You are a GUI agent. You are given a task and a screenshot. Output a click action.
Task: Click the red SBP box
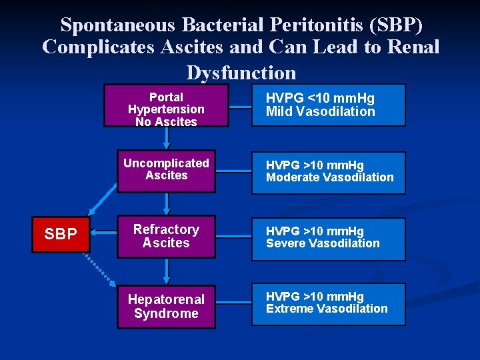pos(61,234)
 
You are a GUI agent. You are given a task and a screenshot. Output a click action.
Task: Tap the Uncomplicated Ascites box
pos(166,171)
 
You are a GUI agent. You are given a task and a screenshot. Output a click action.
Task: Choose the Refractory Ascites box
pos(166,237)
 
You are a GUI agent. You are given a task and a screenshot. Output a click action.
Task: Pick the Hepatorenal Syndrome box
pos(166,306)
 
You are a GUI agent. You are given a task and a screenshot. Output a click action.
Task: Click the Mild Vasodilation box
pos(328,105)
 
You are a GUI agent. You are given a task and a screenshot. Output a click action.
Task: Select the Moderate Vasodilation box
pos(328,173)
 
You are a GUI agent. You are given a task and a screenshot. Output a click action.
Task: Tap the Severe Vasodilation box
pos(328,239)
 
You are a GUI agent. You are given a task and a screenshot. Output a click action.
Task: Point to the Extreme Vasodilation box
pos(328,304)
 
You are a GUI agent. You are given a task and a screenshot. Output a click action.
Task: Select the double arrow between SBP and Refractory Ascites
pos(103,233)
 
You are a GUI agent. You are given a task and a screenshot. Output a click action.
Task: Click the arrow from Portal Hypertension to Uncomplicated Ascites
pos(166,137)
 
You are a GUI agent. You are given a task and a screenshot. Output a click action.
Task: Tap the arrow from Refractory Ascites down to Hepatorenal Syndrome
pos(166,271)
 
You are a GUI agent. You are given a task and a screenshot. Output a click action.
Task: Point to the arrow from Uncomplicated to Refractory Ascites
pos(166,204)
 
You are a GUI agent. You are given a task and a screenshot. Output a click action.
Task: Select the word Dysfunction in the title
pos(241,72)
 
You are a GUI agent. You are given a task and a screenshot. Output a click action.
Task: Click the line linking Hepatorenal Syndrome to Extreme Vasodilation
pos(233,303)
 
